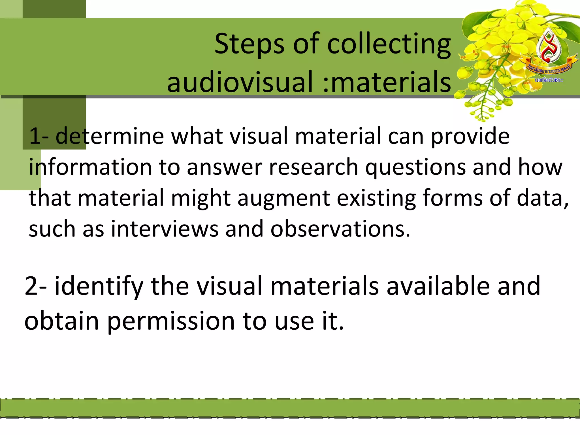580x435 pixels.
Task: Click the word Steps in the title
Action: (250, 44)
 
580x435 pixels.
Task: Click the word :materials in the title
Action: (387, 82)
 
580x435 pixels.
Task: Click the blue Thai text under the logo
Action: (549, 80)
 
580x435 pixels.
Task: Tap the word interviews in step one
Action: (165, 229)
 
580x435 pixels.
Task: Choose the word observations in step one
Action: (340, 229)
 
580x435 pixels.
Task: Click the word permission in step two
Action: (171, 321)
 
